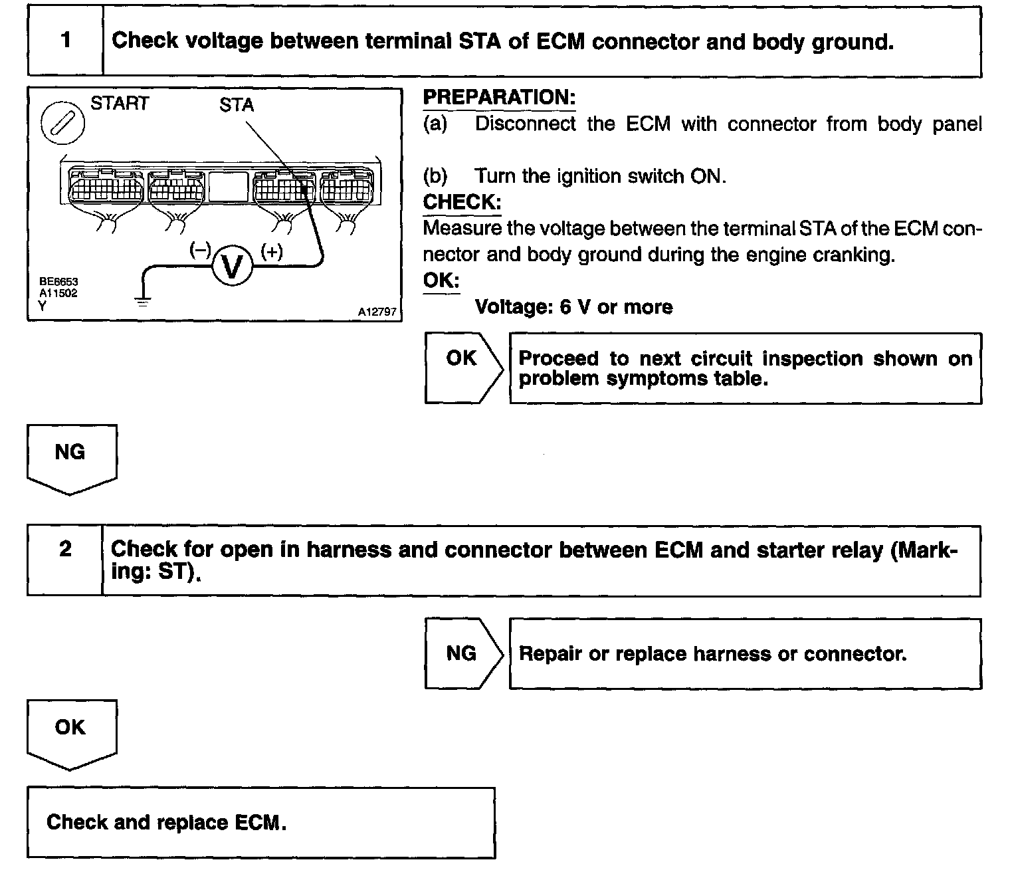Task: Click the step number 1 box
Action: pyautogui.click(x=65, y=41)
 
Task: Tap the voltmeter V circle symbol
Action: pyautogui.click(x=233, y=267)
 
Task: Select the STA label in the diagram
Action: pyautogui.click(x=237, y=105)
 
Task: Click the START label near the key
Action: pyautogui.click(x=120, y=103)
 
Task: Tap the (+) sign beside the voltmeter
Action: pyautogui.click(x=272, y=251)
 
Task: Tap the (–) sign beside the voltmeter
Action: pyautogui.click(x=200, y=250)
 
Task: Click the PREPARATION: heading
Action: pyautogui.click(x=499, y=98)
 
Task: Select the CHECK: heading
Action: pyautogui.click(x=462, y=201)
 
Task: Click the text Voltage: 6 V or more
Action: pyautogui.click(x=573, y=307)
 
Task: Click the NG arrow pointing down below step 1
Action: pyautogui.click(x=71, y=459)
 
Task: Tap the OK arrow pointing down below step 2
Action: pyautogui.click(x=71, y=733)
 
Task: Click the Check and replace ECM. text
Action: pyautogui.click(x=166, y=822)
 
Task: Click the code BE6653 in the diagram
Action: pyautogui.click(x=58, y=282)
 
